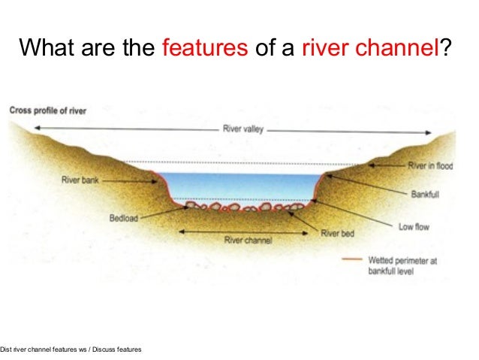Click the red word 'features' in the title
click(x=205, y=50)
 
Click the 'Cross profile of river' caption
click(x=48, y=111)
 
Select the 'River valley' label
click(x=242, y=129)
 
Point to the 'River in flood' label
click(x=430, y=166)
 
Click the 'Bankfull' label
click(x=426, y=194)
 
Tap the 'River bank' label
click(x=80, y=180)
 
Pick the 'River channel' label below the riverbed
click(x=248, y=241)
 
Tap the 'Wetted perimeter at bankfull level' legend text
click(x=397, y=265)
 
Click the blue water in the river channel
click(x=240, y=185)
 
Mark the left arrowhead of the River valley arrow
click(x=35, y=129)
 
